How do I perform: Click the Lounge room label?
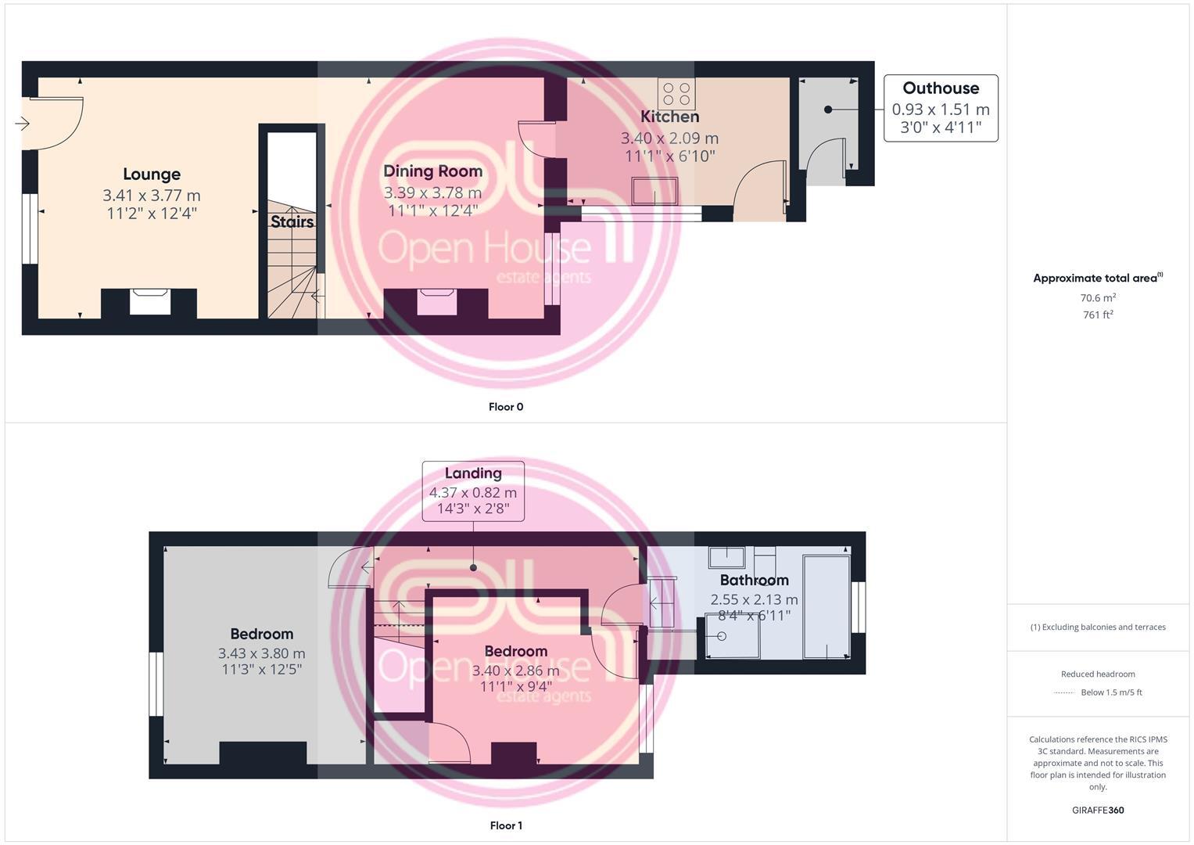point(152,174)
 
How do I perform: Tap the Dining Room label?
point(432,171)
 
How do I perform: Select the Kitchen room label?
point(669,117)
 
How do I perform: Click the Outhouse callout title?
point(941,88)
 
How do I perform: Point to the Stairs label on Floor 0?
point(292,222)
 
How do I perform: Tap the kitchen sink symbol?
point(655,190)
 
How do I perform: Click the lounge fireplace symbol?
point(149,301)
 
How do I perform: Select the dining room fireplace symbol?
point(436,301)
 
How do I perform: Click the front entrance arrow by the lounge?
point(21,124)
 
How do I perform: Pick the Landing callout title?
point(473,473)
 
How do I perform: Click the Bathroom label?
point(754,581)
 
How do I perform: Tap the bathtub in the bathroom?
point(826,607)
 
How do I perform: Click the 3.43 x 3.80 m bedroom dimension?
point(261,653)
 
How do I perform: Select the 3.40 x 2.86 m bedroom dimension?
point(515,671)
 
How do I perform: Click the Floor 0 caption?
point(506,407)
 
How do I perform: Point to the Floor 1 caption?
point(506,825)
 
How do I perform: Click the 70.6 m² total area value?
point(1098,298)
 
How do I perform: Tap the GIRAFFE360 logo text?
point(1098,811)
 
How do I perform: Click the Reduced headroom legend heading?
point(1098,674)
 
